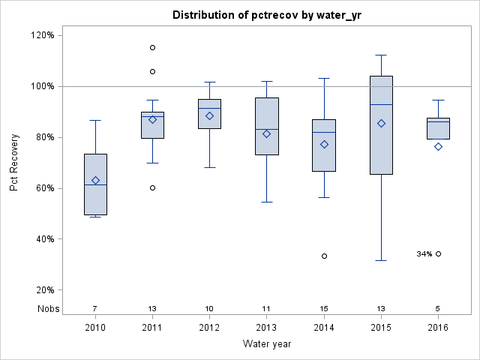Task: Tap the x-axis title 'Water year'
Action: pos(266,343)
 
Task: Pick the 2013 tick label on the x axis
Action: pos(267,328)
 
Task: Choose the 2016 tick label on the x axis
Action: pos(438,328)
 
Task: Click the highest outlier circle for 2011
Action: pos(152,47)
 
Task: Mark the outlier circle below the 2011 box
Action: pos(152,187)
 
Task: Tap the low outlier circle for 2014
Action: pos(324,256)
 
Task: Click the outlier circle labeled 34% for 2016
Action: pos(438,253)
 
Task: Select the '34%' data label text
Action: pos(424,254)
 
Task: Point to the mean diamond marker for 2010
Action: pos(95,180)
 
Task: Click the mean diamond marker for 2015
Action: pos(381,123)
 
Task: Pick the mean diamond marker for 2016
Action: pos(438,146)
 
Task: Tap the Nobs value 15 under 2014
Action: pos(324,308)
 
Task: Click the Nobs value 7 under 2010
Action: pos(95,308)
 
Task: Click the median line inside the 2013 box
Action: pos(267,129)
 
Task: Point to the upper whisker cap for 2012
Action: pos(209,82)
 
